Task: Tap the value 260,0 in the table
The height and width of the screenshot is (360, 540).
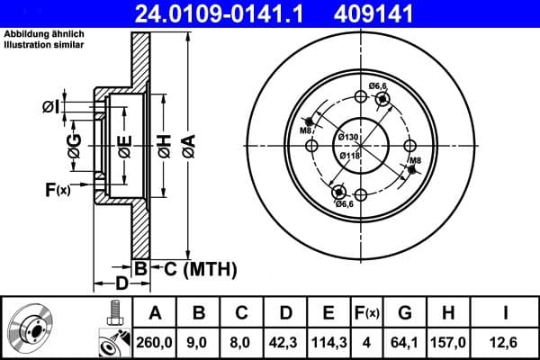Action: (x=155, y=342)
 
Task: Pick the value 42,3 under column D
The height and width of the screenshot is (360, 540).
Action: (x=285, y=342)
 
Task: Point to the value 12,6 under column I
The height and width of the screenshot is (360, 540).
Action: (x=508, y=342)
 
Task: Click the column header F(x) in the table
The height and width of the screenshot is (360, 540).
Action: (x=369, y=313)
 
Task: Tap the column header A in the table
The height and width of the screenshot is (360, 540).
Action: (x=155, y=313)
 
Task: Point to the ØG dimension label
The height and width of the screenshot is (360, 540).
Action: (x=74, y=144)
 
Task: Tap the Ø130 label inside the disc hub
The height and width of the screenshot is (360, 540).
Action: (x=348, y=136)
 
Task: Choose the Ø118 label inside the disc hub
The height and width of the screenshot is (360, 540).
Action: (x=348, y=155)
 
